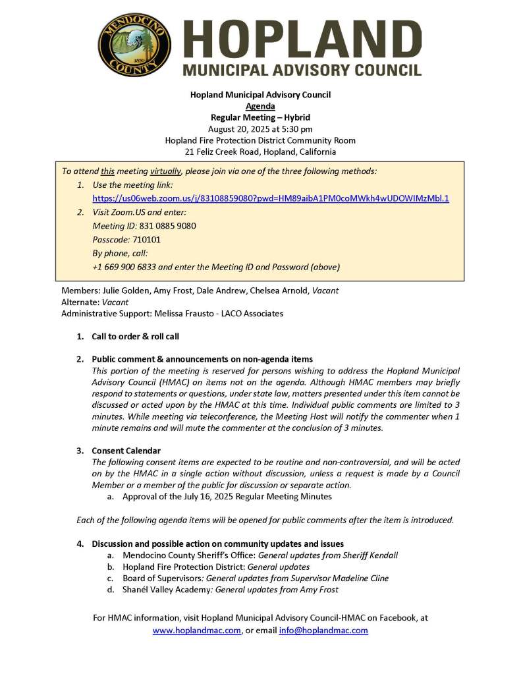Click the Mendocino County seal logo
click(x=134, y=45)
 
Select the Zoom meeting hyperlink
click(x=270, y=198)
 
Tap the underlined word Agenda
click(x=260, y=106)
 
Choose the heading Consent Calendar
click(x=126, y=451)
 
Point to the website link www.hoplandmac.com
click(x=196, y=631)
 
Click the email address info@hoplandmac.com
click(x=323, y=631)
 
